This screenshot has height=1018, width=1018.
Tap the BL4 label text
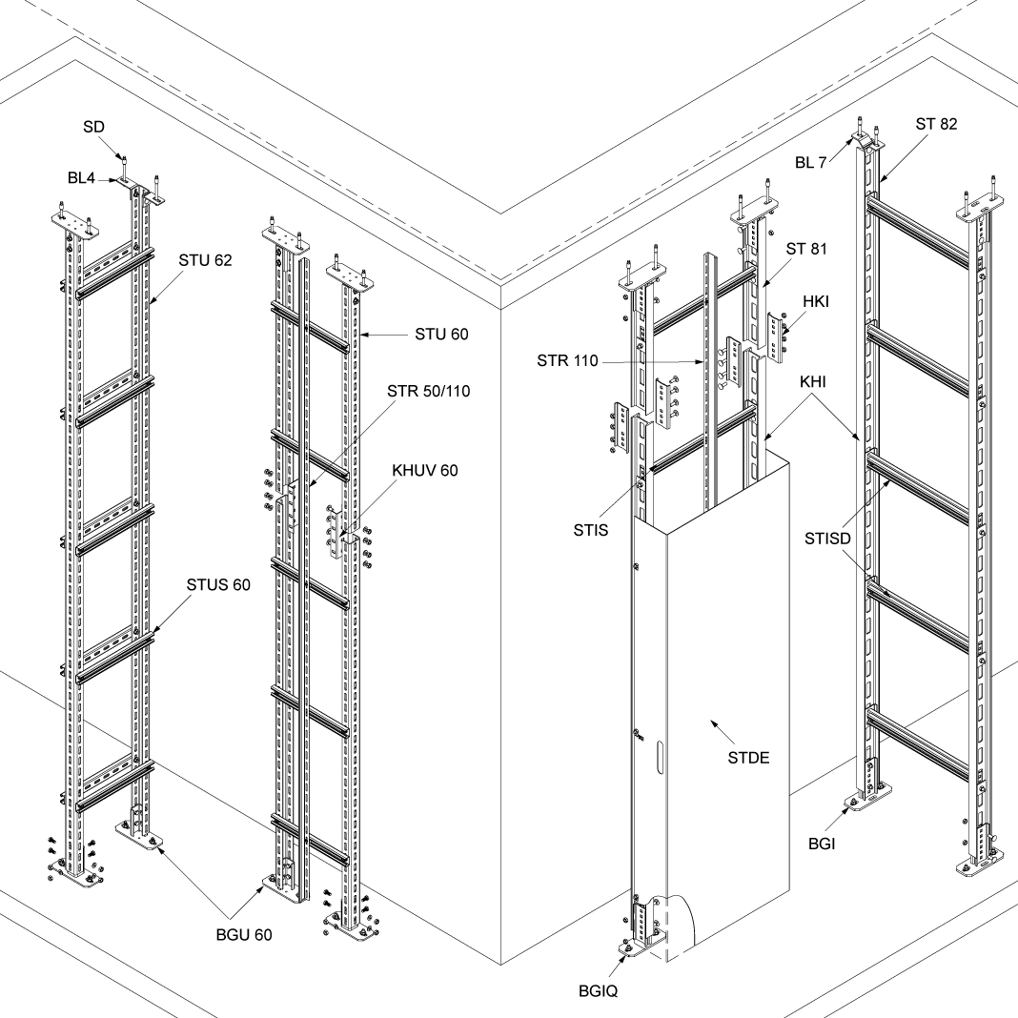93,178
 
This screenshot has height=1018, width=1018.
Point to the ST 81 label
806,250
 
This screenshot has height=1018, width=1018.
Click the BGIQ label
599,990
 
